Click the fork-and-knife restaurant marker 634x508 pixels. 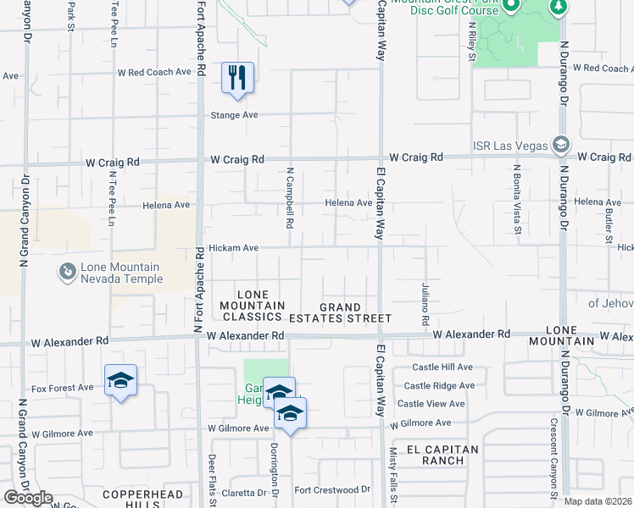(238, 78)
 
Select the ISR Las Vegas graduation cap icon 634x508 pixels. (559, 145)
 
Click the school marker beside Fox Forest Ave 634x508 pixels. (120, 381)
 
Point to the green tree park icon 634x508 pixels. (558, 8)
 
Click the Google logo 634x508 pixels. (28, 498)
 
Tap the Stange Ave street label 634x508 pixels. (234, 115)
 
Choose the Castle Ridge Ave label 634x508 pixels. (442, 385)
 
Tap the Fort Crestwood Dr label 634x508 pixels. (332, 489)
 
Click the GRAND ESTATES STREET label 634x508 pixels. (355, 312)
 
